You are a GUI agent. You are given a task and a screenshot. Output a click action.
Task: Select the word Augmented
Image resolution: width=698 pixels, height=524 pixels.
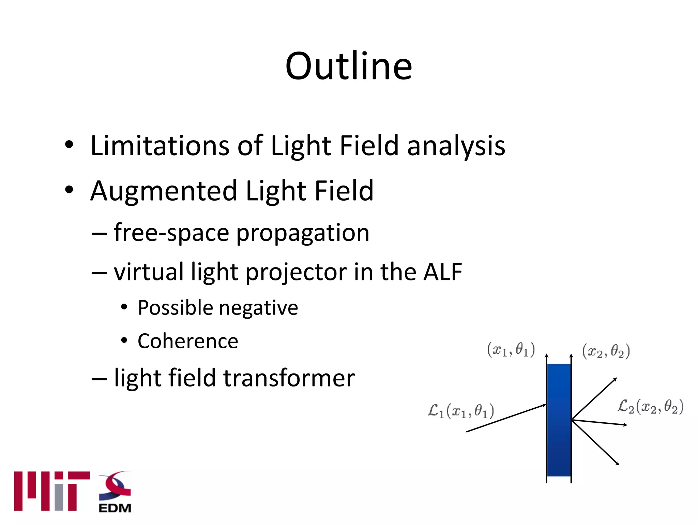[163, 191]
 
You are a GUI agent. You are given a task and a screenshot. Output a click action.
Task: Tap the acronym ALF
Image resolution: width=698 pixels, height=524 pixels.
[442, 272]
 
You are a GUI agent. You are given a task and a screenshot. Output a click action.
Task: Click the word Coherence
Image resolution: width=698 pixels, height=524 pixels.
[188, 341]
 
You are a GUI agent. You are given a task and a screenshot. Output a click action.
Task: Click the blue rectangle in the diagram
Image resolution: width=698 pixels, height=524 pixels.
[559, 420]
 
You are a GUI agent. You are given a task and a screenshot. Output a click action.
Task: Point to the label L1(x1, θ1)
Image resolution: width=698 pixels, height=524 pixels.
[461, 411]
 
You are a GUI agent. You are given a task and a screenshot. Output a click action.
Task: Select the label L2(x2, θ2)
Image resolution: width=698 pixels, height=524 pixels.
[650, 407]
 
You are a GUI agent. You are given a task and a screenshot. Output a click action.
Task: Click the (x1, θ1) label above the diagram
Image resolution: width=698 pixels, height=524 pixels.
[511, 350]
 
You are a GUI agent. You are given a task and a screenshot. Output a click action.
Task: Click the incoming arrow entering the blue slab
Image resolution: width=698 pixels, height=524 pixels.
[506, 418]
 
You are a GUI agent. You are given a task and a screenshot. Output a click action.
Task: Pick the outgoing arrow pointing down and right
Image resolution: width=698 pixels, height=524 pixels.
[595, 442]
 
